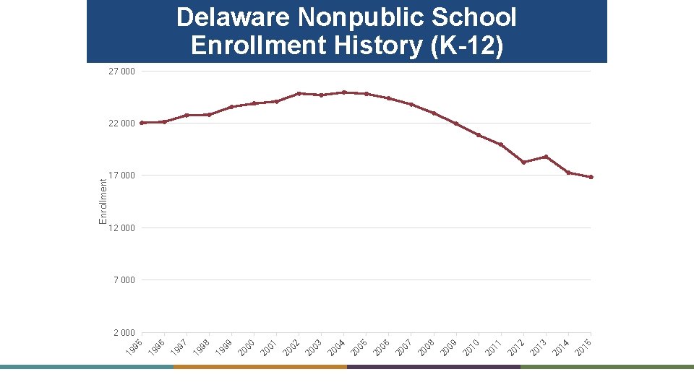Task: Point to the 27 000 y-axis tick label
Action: coord(121,71)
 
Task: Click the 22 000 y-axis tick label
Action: coord(121,123)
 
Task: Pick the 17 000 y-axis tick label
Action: coord(121,175)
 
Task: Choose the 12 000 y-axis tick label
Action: coord(121,228)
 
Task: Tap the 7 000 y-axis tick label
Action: coord(124,280)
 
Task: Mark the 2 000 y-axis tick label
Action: coord(124,333)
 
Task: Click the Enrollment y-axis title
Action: coord(103,201)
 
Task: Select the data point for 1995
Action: coord(142,123)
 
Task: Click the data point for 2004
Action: coord(344,92)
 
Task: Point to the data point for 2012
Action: coord(523,162)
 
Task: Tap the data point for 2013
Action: coord(546,157)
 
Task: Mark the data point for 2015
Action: coord(591,177)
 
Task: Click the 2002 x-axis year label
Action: coord(292,347)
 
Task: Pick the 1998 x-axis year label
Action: coord(202,347)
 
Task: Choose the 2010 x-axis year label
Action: coord(471,347)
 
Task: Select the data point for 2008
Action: coord(434,113)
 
